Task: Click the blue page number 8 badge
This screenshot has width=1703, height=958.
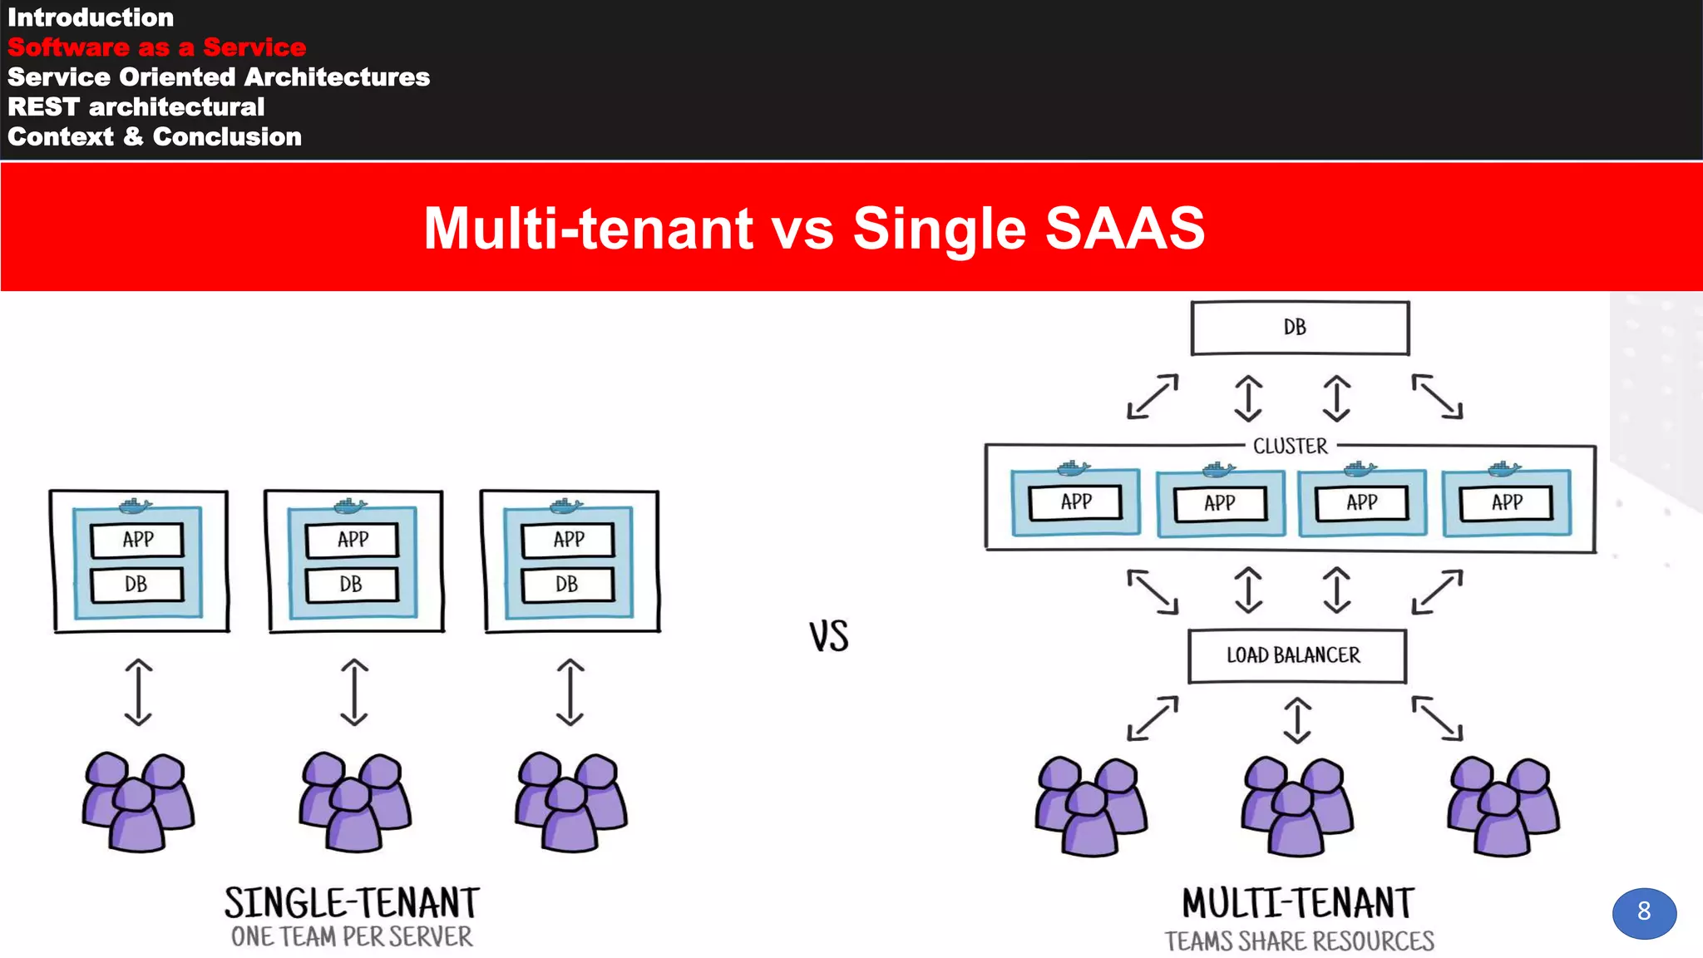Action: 1643,912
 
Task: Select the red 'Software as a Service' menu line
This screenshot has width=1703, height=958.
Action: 156,47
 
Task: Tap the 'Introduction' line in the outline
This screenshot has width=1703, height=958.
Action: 91,17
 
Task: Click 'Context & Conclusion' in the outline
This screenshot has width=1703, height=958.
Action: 155,136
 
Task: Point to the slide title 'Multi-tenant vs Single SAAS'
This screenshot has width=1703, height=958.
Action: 814,228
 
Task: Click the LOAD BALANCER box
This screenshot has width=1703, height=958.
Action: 1296,656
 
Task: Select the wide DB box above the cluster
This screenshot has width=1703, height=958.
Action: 1300,328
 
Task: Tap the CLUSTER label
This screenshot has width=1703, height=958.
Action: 1290,447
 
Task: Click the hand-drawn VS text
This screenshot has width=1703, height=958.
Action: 829,636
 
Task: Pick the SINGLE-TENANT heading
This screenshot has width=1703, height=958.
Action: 352,903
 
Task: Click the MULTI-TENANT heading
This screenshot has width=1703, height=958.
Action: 1298,903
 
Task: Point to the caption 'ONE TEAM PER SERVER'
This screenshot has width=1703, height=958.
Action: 352,937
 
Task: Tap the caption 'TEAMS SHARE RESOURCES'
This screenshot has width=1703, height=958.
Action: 1299,941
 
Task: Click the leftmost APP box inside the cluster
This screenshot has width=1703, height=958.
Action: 1075,502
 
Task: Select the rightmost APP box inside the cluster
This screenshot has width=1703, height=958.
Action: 1506,502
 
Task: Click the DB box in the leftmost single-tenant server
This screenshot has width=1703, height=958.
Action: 136,585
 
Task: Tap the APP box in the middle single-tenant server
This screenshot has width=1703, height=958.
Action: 353,540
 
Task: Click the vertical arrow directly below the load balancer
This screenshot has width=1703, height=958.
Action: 1297,720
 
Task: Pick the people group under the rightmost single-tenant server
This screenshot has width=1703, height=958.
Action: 570,802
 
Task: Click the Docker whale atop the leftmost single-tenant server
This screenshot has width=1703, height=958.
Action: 136,506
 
